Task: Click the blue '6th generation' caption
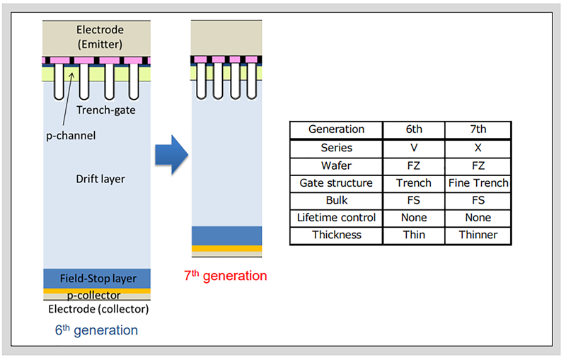96,330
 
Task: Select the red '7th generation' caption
226,276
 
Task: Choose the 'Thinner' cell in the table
478,235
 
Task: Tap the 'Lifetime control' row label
337,218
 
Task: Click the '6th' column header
414,129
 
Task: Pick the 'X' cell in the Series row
478,148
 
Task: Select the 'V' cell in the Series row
414,148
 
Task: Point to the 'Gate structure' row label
337,183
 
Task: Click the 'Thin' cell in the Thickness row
414,235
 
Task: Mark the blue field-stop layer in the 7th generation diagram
226,235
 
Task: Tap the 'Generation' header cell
337,129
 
